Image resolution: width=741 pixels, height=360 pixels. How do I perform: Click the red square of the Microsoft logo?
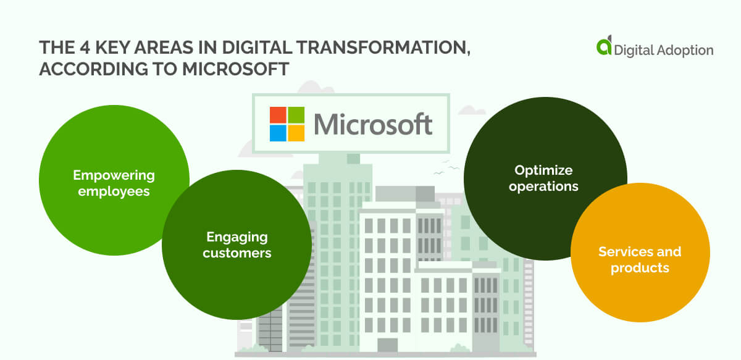click(x=278, y=115)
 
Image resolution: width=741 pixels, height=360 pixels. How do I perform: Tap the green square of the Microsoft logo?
click(x=296, y=115)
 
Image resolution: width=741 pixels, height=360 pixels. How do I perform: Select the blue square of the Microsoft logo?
click(x=278, y=133)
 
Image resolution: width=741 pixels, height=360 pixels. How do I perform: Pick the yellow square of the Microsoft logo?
click(x=296, y=133)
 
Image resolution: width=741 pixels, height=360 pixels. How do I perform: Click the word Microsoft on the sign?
click(x=372, y=124)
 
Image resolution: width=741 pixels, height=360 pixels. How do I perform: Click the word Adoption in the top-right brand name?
click(x=684, y=50)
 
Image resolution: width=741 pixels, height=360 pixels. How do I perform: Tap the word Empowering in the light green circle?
click(x=114, y=176)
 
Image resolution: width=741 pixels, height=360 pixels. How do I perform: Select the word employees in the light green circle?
click(x=114, y=191)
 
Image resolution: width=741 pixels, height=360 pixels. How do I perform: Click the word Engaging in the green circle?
click(x=237, y=237)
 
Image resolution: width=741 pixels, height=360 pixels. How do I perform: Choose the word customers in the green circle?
click(x=237, y=253)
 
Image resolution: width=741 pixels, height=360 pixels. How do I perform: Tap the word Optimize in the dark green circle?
click(x=543, y=170)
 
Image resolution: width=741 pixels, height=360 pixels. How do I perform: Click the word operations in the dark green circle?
click(x=543, y=186)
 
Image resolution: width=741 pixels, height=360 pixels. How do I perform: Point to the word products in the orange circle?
click(x=640, y=268)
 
